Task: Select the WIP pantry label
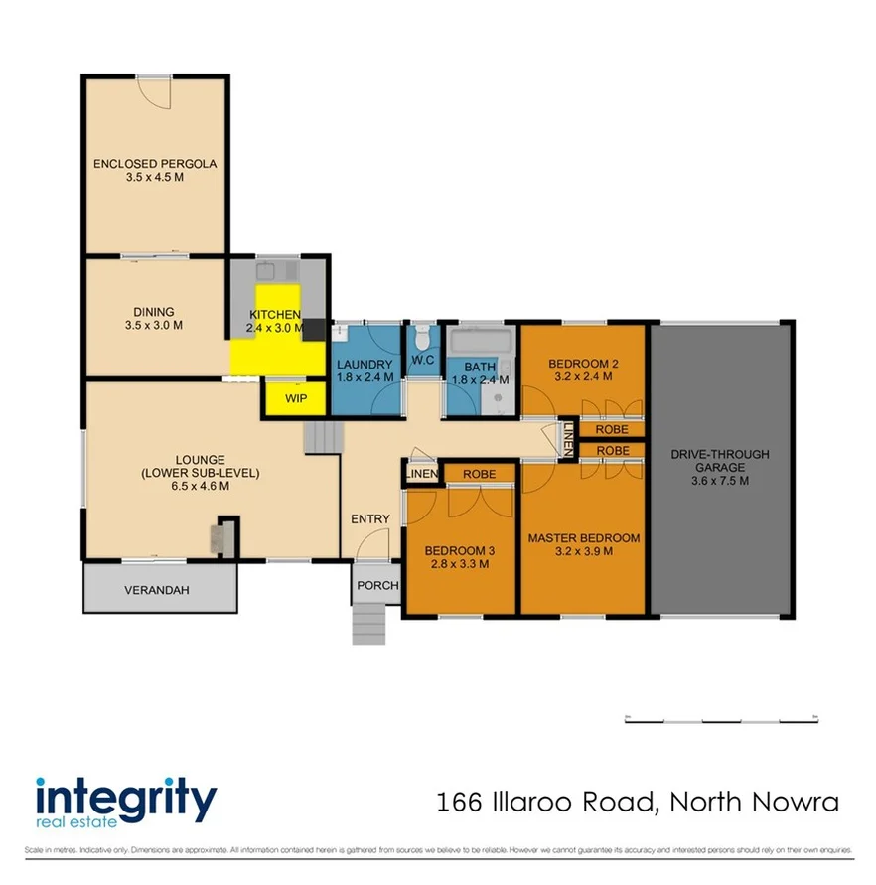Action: (296, 398)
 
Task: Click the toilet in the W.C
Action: (423, 333)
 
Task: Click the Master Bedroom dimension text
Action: (584, 551)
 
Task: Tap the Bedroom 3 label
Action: (458, 551)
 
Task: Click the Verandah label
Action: (156, 590)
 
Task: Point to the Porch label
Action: (376, 586)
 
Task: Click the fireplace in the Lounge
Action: (220, 539)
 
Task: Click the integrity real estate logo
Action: (125, 802)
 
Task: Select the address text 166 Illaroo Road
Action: (639, 802)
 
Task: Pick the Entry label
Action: (369, 519)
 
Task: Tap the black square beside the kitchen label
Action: (314, 330)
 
